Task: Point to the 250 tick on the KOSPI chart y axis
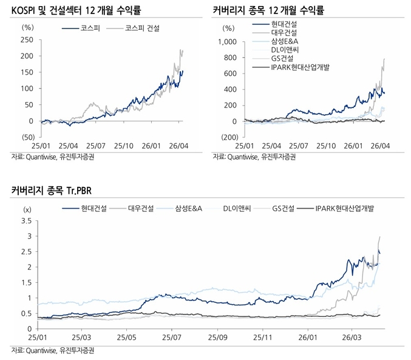[x=27, y=39]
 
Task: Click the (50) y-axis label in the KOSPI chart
[x=27, y=137]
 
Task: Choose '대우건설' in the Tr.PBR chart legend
[x=140, y=208]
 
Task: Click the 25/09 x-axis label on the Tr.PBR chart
[x=217, y=336]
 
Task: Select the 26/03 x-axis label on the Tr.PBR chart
[x=353, y=336]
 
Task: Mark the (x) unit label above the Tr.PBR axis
[x=27, y=209]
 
